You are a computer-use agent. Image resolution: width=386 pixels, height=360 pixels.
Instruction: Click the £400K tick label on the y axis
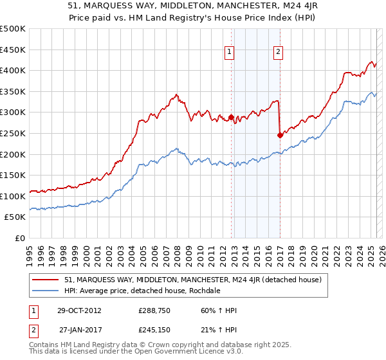(x=13, y=70)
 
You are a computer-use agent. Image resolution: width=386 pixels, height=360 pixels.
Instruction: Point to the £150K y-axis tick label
(x=13, y=175)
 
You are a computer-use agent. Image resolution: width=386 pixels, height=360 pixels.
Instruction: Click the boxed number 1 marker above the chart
(x=230, y=53)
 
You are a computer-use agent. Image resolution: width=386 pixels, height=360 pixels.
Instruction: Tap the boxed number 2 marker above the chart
(x=278, y=53)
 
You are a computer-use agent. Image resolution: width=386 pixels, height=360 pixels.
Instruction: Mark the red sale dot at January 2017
(x=280, y=135)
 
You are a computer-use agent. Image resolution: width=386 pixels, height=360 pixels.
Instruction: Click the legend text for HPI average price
(x=142, y=291)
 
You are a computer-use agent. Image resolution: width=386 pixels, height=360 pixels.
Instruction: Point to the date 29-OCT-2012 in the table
(x=80, y=310)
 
